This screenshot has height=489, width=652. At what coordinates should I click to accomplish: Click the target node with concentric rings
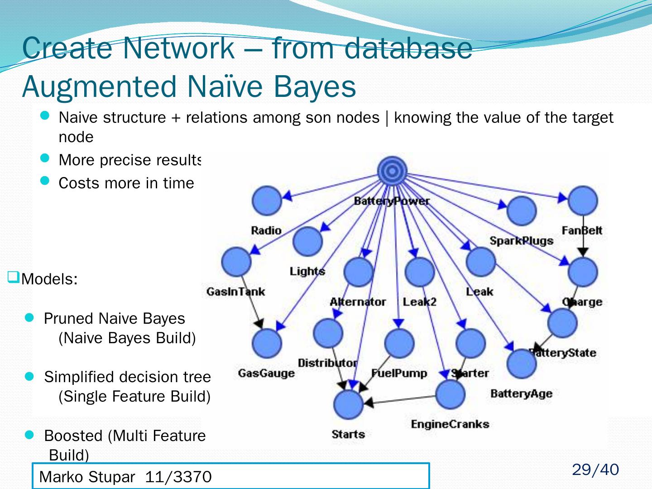coord(392,171)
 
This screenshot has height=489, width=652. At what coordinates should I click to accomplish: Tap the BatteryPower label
coord(392,201)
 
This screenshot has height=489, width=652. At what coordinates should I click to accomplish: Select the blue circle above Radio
coord(267,201)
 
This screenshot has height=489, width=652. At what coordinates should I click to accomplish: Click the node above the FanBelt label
coord(583,201)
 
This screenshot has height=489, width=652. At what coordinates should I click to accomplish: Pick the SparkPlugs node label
coord(521,241)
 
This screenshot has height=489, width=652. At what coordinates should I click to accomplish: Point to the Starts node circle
coord(348,404)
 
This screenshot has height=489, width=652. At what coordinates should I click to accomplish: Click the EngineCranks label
coord(450,424)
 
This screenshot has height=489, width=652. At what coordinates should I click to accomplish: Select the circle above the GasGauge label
coord(267,343)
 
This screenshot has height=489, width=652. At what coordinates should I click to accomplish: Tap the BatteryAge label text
coord(521,393)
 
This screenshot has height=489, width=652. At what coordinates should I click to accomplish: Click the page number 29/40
coord(595,470)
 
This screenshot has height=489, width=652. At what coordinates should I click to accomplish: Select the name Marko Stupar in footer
coord(87,477)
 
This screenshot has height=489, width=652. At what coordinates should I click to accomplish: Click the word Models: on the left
coord(49,279)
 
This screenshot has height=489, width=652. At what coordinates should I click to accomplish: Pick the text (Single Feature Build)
coord(134,396)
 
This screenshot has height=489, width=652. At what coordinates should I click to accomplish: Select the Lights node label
coord(307,271)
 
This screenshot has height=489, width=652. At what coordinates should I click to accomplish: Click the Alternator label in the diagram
coord(358,302)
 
